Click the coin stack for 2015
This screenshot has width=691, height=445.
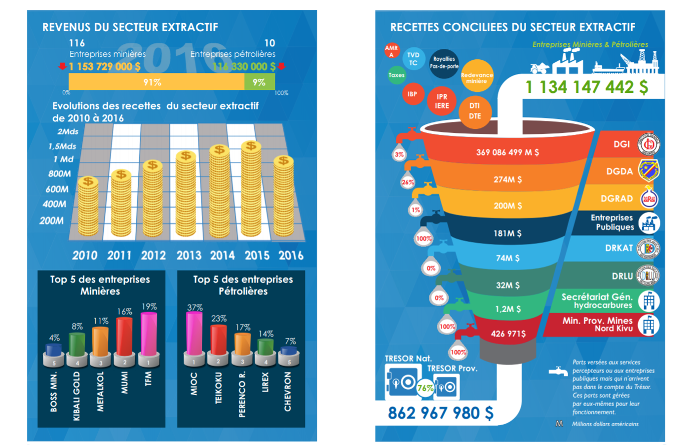[251, 190]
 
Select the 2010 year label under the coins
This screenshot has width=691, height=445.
[85, 256]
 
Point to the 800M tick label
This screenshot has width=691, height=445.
[60, 174]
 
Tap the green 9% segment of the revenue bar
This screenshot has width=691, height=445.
[260, 82]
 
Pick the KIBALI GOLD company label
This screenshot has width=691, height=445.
[77, 396]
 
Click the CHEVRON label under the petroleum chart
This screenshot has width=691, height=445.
[288, 391]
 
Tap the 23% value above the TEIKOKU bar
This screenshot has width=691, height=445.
[219, 319]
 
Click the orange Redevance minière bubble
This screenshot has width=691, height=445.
[477, 76]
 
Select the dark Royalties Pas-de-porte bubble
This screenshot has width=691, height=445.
[444, 63]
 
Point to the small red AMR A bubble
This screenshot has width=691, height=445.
[391, 50]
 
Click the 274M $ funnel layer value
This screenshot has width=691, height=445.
[507, 180]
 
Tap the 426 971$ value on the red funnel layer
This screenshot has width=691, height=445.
[508, 334]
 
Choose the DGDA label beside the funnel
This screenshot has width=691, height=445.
[619, 171]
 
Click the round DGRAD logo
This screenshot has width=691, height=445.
[649, 199]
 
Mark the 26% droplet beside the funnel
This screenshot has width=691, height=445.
[408, 182]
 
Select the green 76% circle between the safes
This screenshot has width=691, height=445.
[425, 388]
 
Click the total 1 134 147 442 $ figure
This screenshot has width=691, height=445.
[586, 87]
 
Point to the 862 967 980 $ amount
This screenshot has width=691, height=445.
[440, 413]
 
